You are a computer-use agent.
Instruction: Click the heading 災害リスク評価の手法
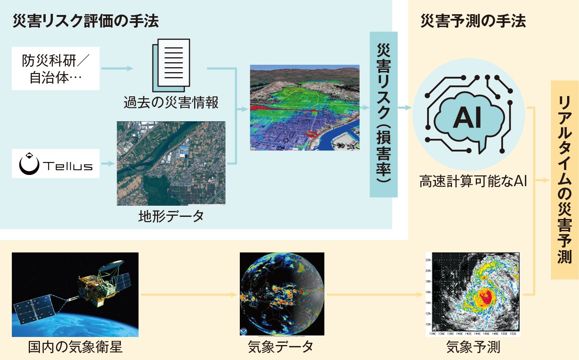pos(86,21)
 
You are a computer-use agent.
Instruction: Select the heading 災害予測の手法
pos(473,21)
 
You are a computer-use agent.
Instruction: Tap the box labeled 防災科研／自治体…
pos(56,69)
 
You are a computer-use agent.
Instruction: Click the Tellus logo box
pos(56,164)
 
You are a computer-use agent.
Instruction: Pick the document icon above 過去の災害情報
pos(172,63)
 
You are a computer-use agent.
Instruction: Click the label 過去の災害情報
pos(171,102)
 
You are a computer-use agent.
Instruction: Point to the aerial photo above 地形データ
pos(171,163)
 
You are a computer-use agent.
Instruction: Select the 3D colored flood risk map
pos(305,107)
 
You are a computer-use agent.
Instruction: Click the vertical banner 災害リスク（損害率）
pos(383,114)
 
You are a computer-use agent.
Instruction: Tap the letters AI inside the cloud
pos(467,117)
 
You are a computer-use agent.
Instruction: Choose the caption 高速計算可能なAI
pos(473,181)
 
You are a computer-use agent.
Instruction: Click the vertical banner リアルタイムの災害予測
pos(564,180)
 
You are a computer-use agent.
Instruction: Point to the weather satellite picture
pos(75,294)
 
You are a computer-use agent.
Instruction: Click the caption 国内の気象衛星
pos(75,347)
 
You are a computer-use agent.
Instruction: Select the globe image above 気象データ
pos(282,294)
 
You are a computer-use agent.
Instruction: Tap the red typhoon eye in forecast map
pos(485,296)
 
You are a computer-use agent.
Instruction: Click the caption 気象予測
pos(473,347)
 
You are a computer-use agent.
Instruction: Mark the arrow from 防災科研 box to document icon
pos(117,69)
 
